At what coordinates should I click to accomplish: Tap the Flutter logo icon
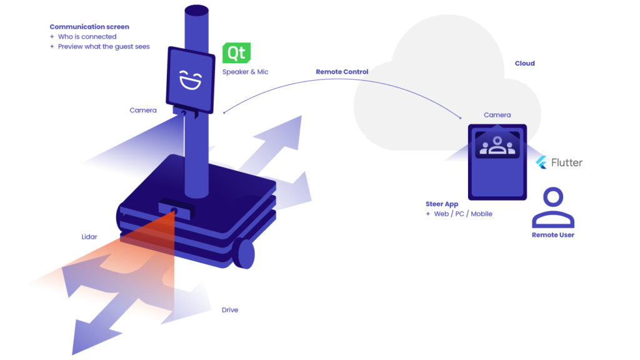(x=541, y=162)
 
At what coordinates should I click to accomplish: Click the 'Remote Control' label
(x=342, y=72)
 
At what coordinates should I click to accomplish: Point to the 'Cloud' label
(x=524, y=63)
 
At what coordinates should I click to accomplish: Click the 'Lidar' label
(x=89, y=237)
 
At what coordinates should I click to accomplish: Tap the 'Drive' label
(x=229, y=310)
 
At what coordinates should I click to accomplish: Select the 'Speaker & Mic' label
(x=245, y=72)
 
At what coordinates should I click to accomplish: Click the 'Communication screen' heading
(x=89, y=27)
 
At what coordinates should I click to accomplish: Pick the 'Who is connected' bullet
(x=87, y=37)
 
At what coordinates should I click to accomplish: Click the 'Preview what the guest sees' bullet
(x=104, y=47)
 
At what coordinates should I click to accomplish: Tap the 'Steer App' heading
(x=442, y=204)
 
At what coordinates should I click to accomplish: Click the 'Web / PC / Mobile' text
(x=463, y=214)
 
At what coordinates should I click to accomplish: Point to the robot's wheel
(x=243, y=253)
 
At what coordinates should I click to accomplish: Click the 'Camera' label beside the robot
(x=143, y=111)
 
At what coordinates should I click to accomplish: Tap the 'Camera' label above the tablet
(x=497, y=115)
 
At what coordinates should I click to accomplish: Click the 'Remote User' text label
(x=552, y=235)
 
